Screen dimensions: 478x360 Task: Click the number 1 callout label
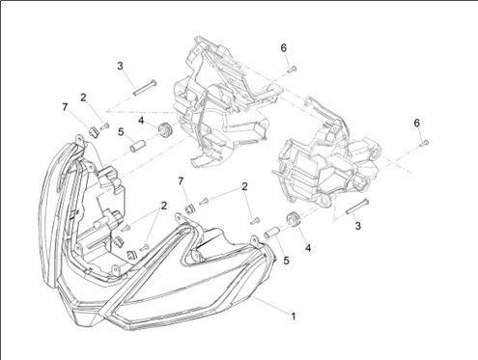(294, 316)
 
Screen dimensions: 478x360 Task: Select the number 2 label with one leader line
(83, 97)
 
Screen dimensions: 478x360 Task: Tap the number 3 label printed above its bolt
(120, 66)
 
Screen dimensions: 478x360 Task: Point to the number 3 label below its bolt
(358, 226)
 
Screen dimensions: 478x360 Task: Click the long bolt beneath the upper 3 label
(145, 87)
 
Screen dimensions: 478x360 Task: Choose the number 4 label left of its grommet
(141, 121)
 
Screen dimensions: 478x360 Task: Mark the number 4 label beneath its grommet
(308, 248)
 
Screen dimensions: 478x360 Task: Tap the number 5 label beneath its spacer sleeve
(286, 261)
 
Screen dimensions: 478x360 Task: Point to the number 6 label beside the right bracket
(417, 123)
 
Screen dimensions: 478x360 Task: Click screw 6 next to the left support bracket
(292, 69)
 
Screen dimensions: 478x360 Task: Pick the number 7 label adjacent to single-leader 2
(65, 107)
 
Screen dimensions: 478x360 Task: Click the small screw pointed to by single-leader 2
(105, 126)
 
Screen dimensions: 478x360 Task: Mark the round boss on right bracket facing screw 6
(374, 150)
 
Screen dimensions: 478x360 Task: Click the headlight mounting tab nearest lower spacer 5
(255, 240)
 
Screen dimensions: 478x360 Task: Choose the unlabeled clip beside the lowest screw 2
(132, 255)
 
